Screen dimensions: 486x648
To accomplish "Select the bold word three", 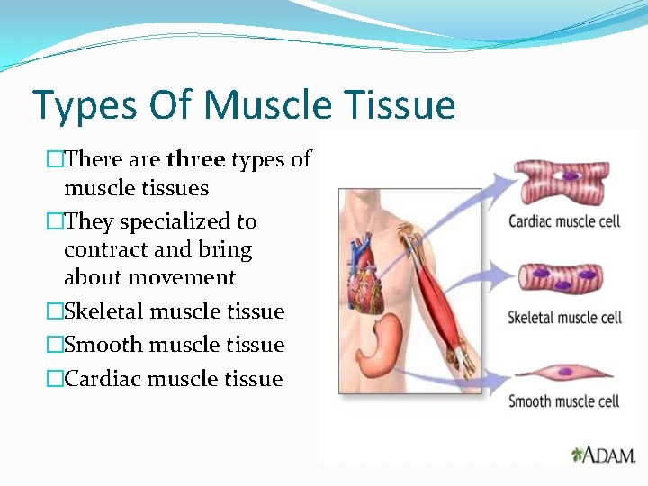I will coord(195,160).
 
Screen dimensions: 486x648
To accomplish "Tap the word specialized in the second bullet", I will coord(188,222).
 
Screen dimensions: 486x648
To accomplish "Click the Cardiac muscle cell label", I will coord(564,221).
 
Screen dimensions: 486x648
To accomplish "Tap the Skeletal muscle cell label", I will coord(564,317).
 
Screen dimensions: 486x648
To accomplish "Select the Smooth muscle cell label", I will coord(564,401).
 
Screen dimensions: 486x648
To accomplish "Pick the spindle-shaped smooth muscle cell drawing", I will coord(564,370).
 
